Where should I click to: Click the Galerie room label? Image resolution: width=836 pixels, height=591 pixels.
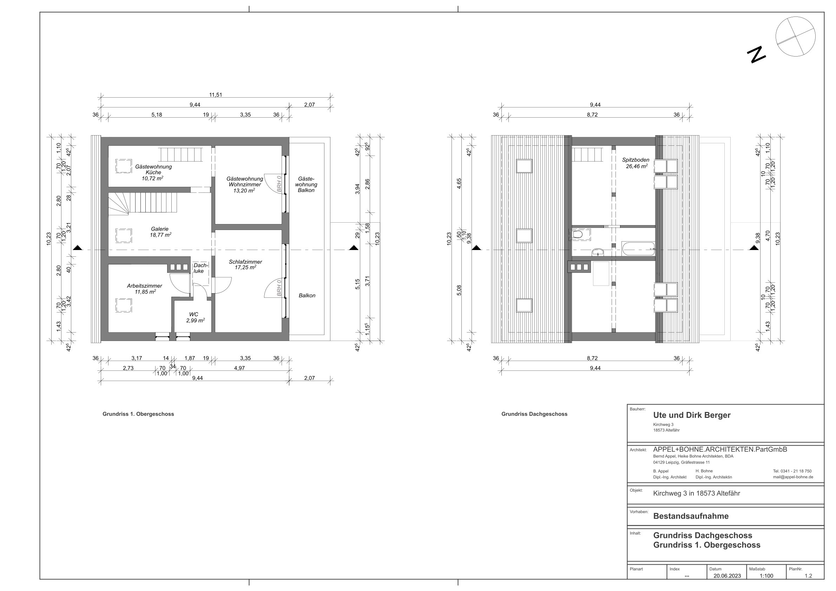[160, 229]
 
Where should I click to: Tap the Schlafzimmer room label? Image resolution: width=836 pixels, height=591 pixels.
[245, 262]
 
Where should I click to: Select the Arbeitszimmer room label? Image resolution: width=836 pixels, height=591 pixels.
[145, 286]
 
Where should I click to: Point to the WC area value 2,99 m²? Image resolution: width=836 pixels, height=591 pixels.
[195, 321]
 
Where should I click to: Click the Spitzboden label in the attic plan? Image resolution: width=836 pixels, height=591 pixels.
[636, 160]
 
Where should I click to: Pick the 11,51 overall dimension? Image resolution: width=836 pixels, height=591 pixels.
[216, 95]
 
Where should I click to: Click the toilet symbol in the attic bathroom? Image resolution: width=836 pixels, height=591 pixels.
[579, 234]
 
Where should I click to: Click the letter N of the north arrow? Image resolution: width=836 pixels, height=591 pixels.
[756, 55]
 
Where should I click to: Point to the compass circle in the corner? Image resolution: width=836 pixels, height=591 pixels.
[795, 37]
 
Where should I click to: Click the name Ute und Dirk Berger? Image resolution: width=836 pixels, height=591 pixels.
[692, 415]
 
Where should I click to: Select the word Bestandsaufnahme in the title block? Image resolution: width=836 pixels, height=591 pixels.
[691, 516]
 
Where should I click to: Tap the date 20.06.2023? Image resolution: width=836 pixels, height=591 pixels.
[727, 576]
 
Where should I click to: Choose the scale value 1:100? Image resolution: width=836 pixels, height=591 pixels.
[766, 576]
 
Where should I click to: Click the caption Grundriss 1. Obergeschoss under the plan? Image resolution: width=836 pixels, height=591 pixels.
[138, 414]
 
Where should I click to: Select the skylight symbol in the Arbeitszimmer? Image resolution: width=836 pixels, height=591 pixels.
[124, 305]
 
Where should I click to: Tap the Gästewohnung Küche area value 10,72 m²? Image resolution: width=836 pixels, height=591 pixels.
[152, 178]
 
